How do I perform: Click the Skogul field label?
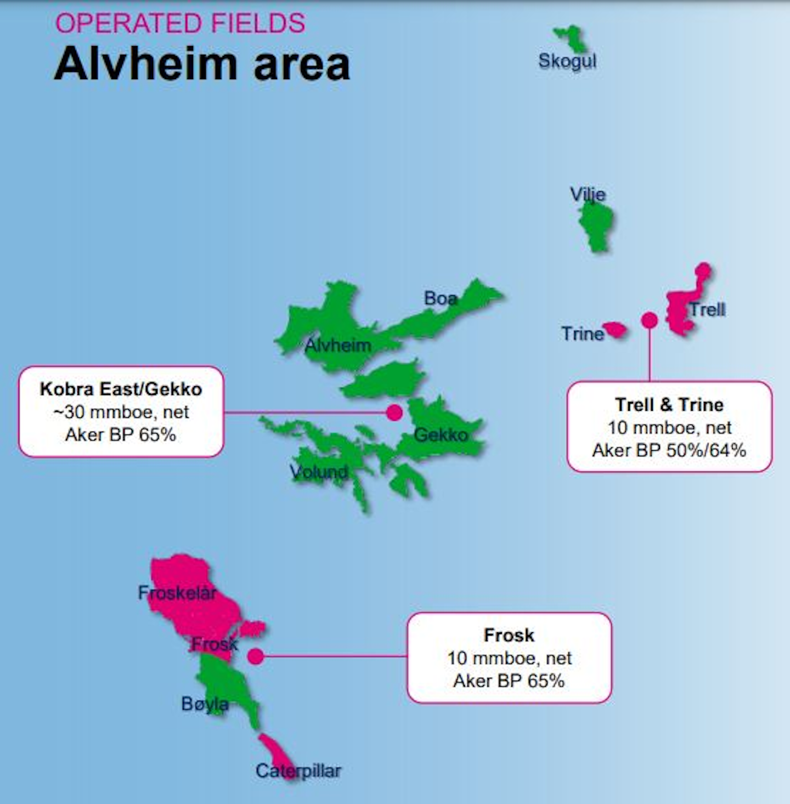[567, 61]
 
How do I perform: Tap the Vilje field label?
[588, 194]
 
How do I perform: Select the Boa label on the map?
[441, 298]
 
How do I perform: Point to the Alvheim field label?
[337, 346]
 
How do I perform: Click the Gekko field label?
[441, 435]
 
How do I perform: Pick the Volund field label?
[319, 472]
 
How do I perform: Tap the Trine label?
[582, 333]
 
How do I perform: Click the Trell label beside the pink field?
[707, 310]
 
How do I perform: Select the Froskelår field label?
[177, 593]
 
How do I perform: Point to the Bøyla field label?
[205, 704]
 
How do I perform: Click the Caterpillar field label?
[298, 771]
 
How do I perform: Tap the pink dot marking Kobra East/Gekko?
[394, 412]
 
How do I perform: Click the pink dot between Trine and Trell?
[650, 320]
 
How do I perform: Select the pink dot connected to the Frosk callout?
[256, 656]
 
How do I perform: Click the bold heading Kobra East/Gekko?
[121, 389]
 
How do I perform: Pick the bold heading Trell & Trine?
[669, 405]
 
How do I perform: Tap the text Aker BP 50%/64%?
[669, 450]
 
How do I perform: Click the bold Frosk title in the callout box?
[509, 635]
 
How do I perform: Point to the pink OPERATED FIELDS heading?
[180, 24]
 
